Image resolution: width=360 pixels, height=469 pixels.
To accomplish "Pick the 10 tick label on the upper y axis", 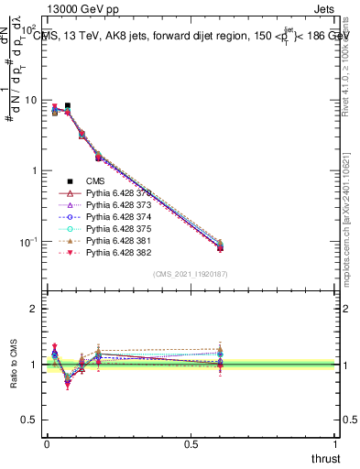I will click(31, 100).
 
